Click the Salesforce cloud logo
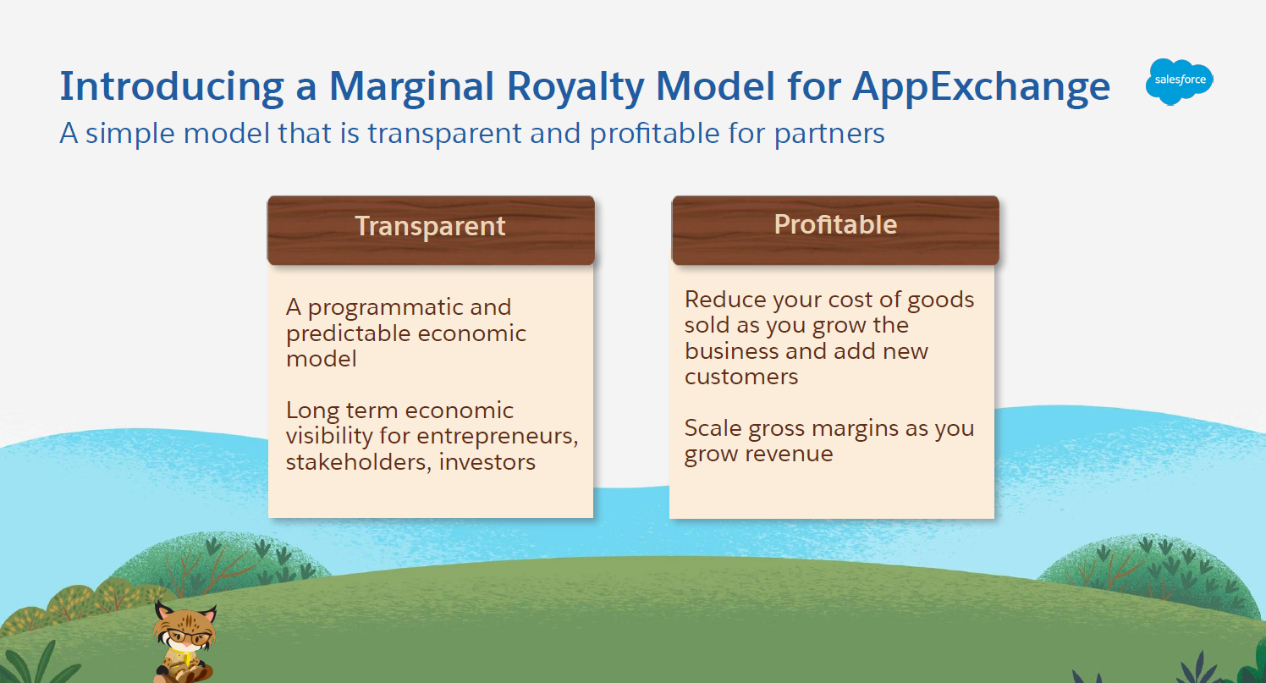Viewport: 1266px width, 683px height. [x=1179, y=81]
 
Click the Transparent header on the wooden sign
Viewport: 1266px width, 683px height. [x=430, y=226]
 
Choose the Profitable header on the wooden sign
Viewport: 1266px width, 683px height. [x=835, y=224]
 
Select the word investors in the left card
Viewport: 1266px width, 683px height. [x=487, y=462]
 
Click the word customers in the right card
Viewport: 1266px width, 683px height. [x=741, y=377]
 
